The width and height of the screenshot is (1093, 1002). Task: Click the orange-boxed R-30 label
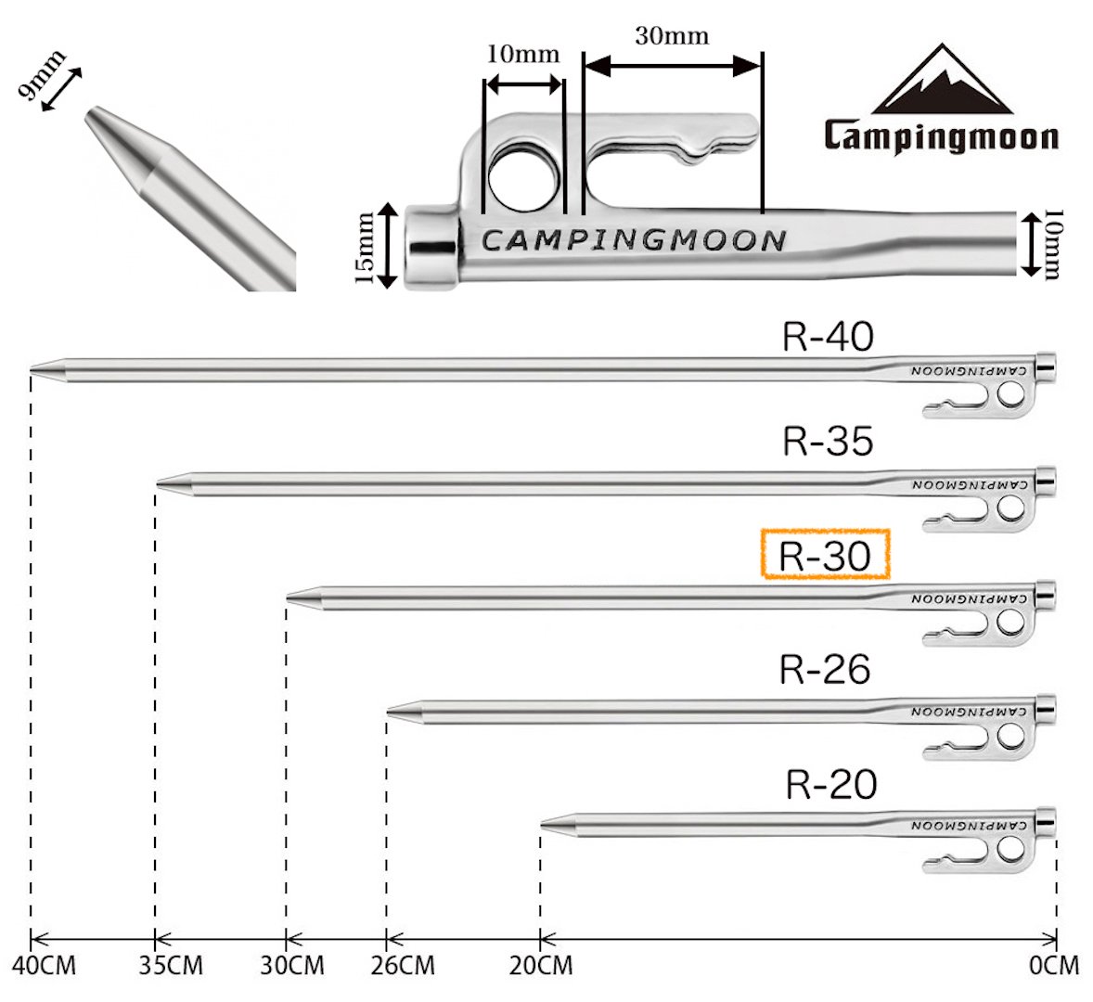pyautogui.click(x=825, y=555)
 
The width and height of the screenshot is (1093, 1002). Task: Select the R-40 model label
pyautogui.click(x=828, y=338)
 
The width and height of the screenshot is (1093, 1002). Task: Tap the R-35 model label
pyautogui.click(x=828, y=442)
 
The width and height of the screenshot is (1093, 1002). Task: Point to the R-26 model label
pyautogui.click(x=825, y=669)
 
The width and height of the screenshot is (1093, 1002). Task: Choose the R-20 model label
pyautogui.click(x=830, y=785)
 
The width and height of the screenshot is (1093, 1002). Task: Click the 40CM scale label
pyautogui.click(x=45, y=966)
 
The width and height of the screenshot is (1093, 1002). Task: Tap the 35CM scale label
pyautogui.click(x=171, y=966)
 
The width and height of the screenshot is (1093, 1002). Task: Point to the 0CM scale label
pyautogui.click(x=1054, y=966)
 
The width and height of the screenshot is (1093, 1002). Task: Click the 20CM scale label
pyautogui.click(x=541, y=966)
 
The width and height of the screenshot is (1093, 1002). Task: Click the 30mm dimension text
pyautogui.click(x=672, y=37)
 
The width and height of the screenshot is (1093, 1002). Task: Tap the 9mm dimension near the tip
pyautogui.click(x=42, y=79)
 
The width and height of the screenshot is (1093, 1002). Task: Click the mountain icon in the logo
pyautogui.click(x=941, y=81)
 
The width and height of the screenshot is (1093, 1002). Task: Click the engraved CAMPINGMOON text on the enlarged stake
pyautogui.click(x=634, y=241)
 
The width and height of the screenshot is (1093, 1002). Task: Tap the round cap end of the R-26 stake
pyautogui.click(x=1045, y=710)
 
